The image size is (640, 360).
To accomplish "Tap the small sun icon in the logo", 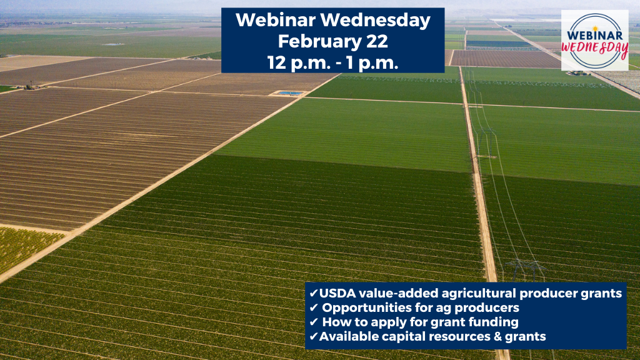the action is coord(595,28).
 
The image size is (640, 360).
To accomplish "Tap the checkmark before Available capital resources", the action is coord(314,336).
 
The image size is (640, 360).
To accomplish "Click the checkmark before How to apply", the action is coord(314,322).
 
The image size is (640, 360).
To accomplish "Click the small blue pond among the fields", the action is coord(291,93).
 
